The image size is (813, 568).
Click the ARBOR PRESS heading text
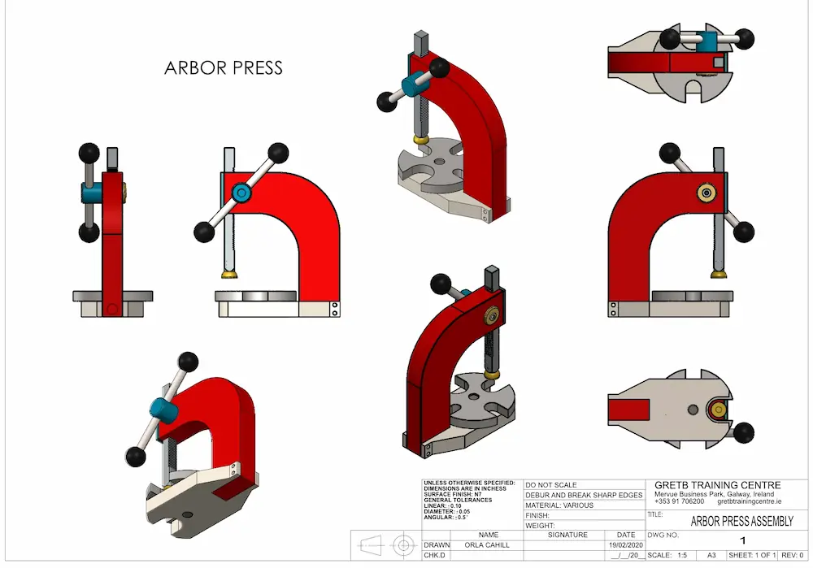(224, 67)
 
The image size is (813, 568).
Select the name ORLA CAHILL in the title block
(488, 545)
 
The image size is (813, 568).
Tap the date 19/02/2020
(625, 545)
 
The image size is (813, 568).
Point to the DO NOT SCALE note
(552, 485)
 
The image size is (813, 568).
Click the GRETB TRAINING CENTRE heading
(717, 485)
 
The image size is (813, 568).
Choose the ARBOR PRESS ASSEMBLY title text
(741, 521)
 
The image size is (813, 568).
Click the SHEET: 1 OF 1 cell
(752, 555)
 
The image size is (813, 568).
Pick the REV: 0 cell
(793, 555)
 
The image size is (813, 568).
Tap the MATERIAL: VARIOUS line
(560, 505)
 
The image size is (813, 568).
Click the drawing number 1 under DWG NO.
(741, 540)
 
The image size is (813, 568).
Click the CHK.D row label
(435, 555)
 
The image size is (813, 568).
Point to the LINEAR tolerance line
(443, 505)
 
